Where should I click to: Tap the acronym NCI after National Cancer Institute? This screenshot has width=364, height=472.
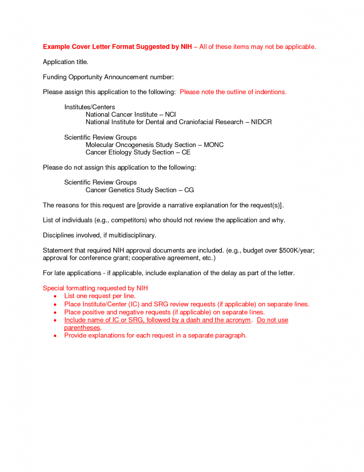[x=170, y=114]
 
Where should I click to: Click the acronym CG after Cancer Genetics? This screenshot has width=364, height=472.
[x=189, y=190]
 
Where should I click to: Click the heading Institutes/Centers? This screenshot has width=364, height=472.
[x=90, y=107]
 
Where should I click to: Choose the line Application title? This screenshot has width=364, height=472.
[x=65, y=62]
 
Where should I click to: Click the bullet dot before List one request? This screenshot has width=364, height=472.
[x=55, y=296]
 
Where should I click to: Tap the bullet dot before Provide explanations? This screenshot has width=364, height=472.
[x=55, y=336]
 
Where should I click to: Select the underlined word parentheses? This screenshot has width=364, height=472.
[x=82, y=328]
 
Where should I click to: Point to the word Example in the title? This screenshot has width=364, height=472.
[x=56, y=47]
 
